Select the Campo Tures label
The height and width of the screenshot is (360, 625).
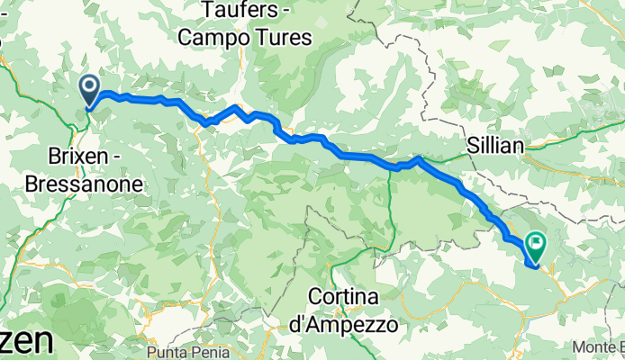pos(244,38)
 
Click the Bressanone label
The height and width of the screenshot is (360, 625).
pos(95,184)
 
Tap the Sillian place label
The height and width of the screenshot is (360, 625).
pos(495,144)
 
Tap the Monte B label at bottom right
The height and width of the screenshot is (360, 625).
pos(599,346)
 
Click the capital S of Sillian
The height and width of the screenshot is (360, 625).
pos(473,144)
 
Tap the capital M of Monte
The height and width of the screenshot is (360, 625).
pos(578,346)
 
